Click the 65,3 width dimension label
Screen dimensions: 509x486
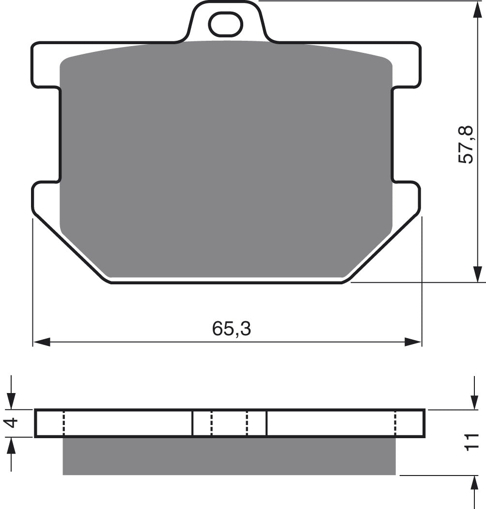click(x=231, y=329)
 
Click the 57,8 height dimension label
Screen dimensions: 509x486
click(x=467, y=144)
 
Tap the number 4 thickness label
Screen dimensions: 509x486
click(x=13, y=423)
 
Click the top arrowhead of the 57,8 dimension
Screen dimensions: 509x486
click(x=477, y=10)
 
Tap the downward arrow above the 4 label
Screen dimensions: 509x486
click(x=12, y=400)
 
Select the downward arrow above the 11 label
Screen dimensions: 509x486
click(x=474, y=400)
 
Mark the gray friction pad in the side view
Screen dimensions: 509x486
click(x=229, y=456)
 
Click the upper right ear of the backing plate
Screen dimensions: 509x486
click(x=406, y=66)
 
